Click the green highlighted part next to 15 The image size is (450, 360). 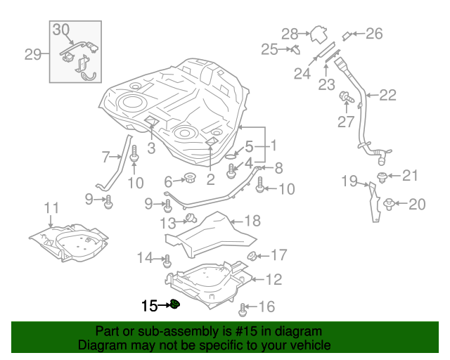(176, 304)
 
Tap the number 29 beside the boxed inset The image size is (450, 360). (33, 53)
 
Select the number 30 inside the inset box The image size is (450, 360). (62, 30)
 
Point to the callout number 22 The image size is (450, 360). (387, 95)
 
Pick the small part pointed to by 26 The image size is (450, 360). (347, 35)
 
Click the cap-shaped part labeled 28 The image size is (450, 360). (320, 34)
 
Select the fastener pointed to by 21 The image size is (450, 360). (382, 176)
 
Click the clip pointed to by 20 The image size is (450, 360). (388, 204)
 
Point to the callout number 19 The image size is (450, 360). (350, 181)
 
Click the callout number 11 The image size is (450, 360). (51, 207)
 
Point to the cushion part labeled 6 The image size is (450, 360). (188, 176)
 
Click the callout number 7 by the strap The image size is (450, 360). (106, 156)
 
